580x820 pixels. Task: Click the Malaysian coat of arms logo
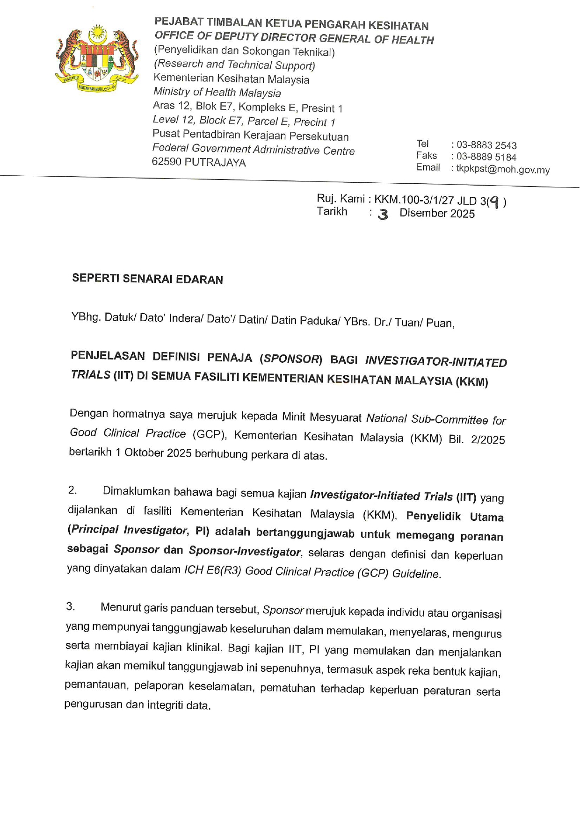pos(97,58)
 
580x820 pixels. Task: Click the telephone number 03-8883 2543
pos(486,145)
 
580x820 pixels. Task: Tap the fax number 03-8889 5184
pos(486,157)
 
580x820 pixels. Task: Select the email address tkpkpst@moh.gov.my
pos(503,169)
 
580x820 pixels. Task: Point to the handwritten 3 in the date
pos(383,215)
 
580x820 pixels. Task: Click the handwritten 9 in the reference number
pos(495,202)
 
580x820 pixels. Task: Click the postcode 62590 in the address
pos(167,162)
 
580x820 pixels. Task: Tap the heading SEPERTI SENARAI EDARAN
pos(147,279)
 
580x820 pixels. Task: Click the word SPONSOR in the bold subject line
pos(291,359)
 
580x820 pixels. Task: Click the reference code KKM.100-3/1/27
pos(414,200)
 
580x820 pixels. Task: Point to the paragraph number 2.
pos(72,490)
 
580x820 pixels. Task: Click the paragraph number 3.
pos(71,606)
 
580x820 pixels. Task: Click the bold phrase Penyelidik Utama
pos(455,516)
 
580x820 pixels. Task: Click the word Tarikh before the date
pos(332,211)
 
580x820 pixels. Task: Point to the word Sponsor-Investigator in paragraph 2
pos(244,551)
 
